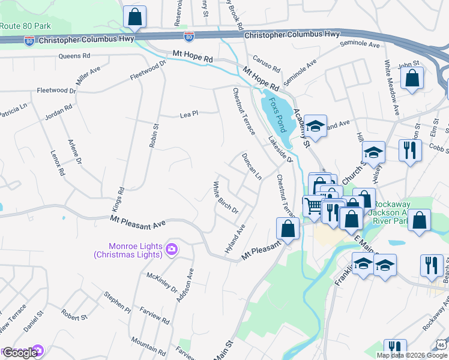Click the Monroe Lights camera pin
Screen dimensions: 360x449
172,249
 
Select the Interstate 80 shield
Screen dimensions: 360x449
189,38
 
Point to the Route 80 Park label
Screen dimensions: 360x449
25,26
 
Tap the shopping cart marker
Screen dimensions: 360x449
313,206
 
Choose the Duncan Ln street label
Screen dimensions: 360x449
251,166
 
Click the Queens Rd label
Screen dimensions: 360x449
74,56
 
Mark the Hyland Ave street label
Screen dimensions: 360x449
235,239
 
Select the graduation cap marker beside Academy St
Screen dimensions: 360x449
315,126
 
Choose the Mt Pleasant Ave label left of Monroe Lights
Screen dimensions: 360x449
137,222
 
